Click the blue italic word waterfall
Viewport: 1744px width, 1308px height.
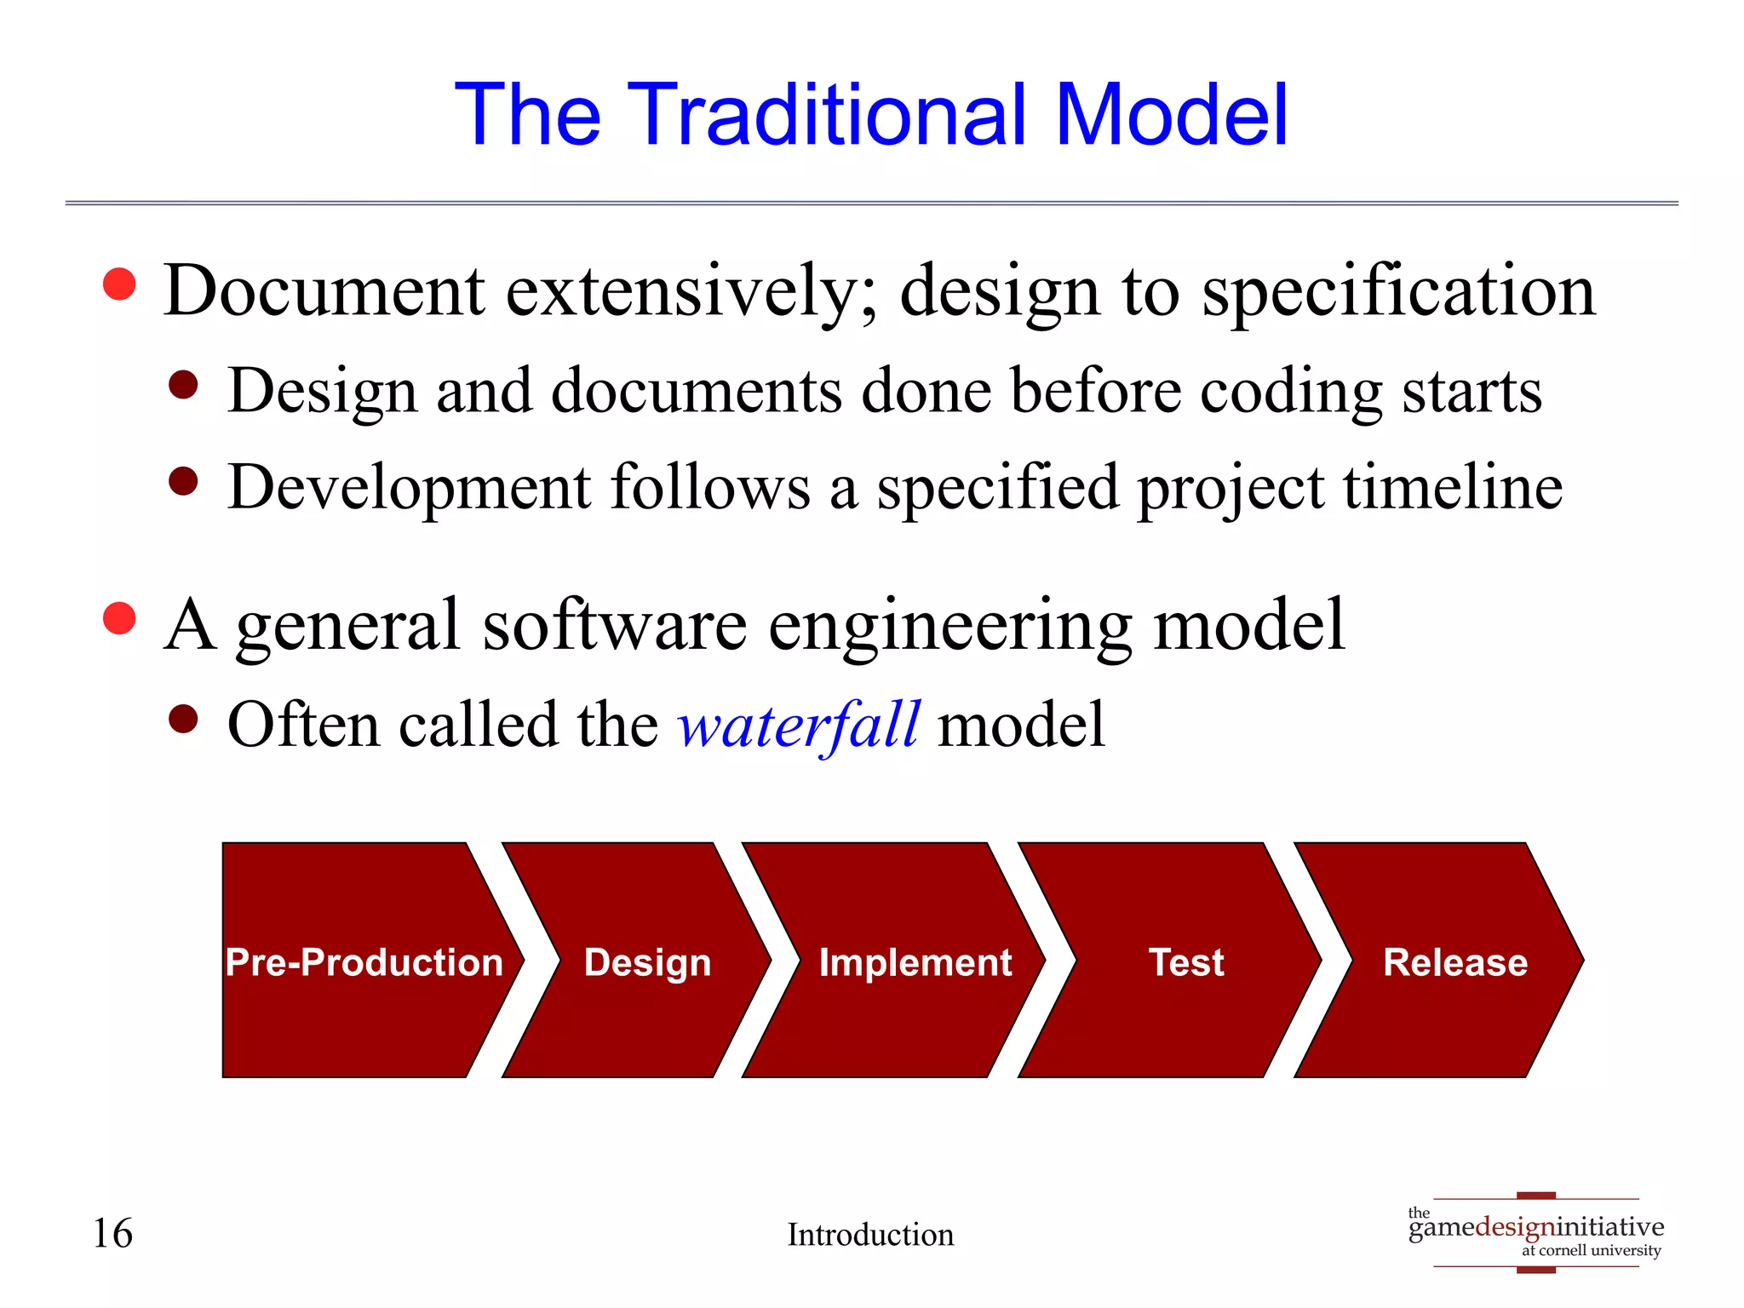[799, 726]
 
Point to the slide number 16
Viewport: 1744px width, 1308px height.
[112, 1233]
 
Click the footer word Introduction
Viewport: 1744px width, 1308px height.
[870, 1235]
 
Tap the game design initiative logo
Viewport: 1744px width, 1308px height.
[1536, 1231]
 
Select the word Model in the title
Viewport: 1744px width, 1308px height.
[1172, 114]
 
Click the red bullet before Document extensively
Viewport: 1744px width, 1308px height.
[119, 284]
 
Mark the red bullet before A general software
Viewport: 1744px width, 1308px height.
[119, 618]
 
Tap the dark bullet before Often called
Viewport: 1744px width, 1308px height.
[183, 720]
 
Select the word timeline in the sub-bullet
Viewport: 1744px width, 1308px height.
[1453, 487]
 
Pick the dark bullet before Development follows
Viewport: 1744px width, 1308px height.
[183, 481]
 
